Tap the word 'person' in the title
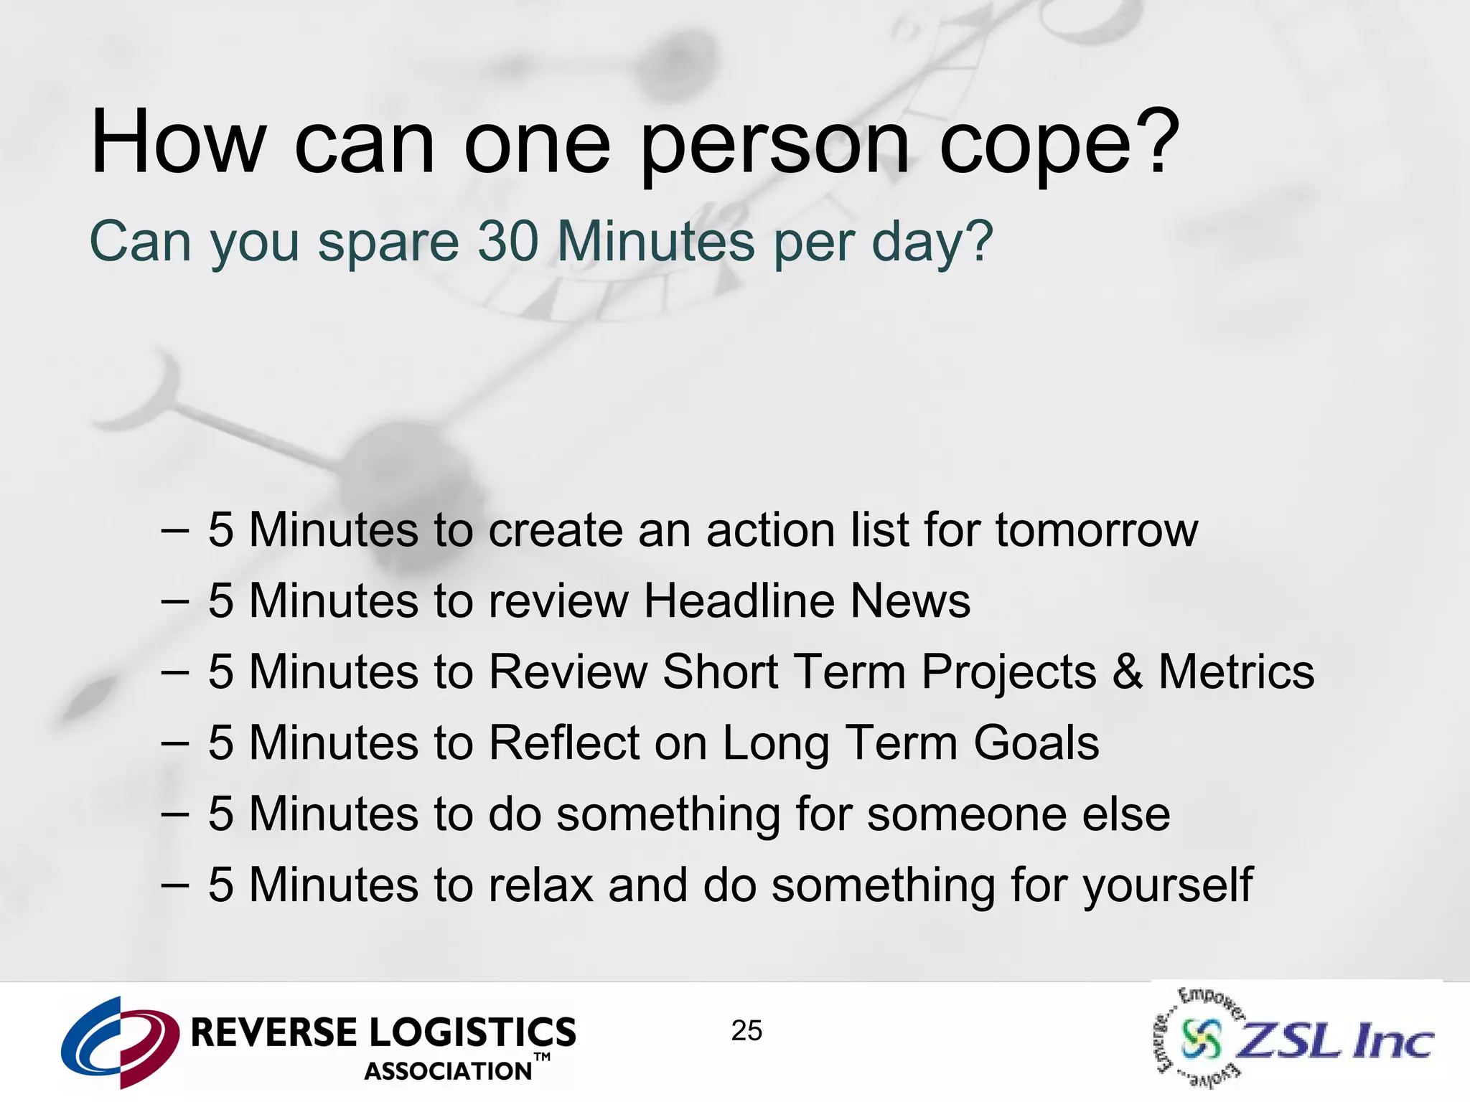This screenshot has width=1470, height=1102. [x=774, y=147]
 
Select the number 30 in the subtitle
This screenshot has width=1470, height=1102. [x=508, y=241]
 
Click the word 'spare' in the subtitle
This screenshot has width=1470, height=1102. [x=388, y=244]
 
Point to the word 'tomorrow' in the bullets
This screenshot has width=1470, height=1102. [x=1096, y=530]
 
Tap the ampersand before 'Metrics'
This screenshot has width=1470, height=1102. [x=1128, y=672]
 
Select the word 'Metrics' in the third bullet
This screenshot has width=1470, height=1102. [x=1236, y=672]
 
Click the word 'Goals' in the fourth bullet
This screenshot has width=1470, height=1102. [x=1036, y=743]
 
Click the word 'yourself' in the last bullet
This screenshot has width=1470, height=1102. [x=1168, y=886]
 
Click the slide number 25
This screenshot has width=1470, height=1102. [x=746, y=1031]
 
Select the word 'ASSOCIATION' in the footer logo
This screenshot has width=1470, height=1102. [x=448, y=1071]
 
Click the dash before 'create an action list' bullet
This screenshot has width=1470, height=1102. [x=175, y=531]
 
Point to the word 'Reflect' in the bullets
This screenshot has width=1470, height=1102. [x=563, y=743]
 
